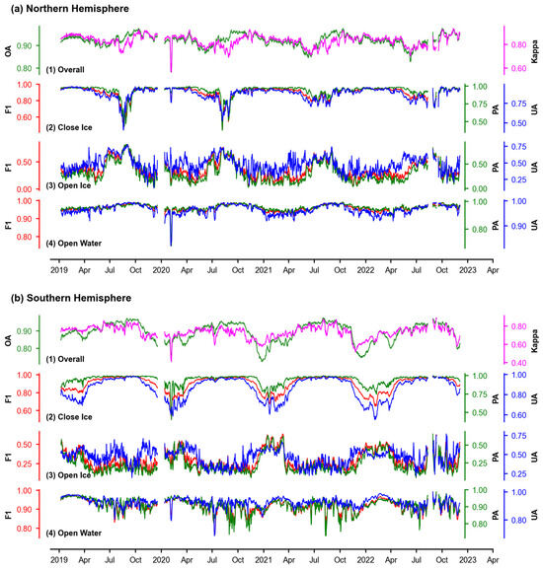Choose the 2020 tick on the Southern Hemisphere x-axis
click(162, 558)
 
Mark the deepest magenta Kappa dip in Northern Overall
click(171, 71)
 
